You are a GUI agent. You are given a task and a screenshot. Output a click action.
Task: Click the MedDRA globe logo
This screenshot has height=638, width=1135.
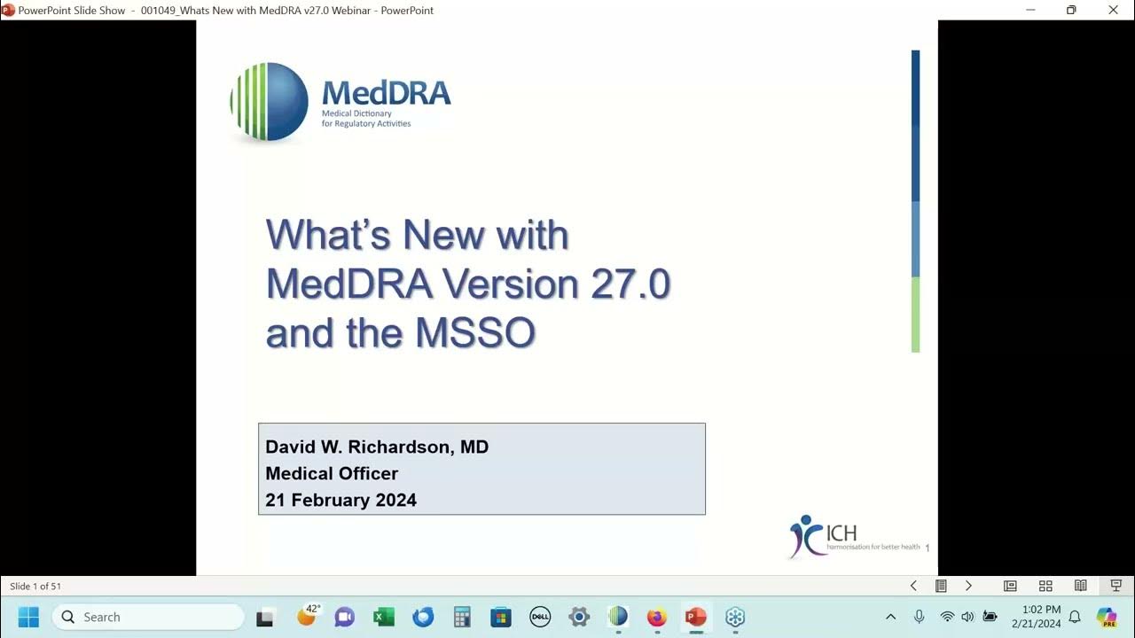coord(270,101)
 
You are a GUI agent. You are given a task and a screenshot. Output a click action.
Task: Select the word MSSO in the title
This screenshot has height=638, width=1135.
coord(475,333)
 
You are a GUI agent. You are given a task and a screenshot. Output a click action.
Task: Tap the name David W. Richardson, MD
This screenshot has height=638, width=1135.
coord(377,447)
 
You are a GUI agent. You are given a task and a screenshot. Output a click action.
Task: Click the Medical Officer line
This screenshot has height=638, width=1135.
coord(332,473)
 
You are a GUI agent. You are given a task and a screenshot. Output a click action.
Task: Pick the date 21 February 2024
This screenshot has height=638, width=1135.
coord(340,500)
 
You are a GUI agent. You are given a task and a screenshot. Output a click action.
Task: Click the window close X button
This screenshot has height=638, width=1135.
coord(1114,10)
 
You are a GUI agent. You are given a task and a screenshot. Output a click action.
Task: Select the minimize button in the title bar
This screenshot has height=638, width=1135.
coord(1030,10)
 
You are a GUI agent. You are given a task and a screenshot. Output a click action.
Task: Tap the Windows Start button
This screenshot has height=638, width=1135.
coord(28,617)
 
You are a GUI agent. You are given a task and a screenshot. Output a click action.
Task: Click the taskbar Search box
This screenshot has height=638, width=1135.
coord(147,617)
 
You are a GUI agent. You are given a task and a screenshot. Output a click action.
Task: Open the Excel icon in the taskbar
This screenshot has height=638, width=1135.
coord(384,617)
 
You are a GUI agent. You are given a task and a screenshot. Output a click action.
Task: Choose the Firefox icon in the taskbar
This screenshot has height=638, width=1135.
coord(656,617)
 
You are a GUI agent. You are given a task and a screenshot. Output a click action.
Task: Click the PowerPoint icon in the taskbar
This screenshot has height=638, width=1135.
coord(695,617)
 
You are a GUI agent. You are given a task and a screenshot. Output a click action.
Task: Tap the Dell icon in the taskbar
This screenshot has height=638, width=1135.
coord(540,617)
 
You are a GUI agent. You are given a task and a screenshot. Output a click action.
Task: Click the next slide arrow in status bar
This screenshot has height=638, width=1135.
coord(968,586)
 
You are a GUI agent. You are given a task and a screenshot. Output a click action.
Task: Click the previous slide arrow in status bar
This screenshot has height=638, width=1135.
coord(913,586)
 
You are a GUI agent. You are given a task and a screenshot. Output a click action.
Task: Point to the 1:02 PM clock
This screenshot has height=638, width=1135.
coord(1041,610)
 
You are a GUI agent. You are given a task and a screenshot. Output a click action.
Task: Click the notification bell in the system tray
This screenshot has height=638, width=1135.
coord(1075,617)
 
